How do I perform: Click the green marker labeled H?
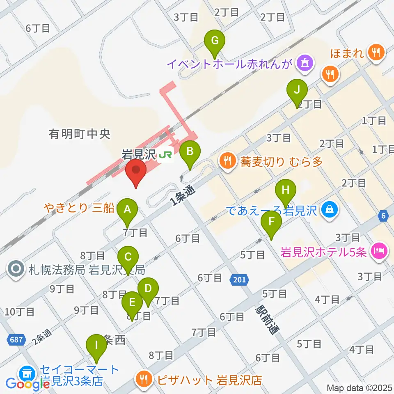286,191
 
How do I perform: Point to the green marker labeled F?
271,223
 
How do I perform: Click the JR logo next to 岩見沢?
166,155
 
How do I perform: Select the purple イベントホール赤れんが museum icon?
306,63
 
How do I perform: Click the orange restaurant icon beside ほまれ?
376,52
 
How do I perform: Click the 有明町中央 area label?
74,133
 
